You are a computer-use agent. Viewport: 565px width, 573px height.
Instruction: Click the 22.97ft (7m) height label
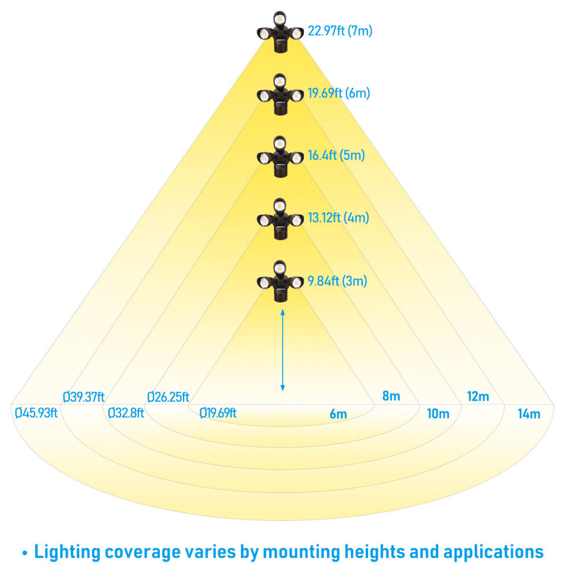click(x=340, y=31)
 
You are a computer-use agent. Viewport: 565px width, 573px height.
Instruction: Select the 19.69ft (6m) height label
click(x=339, y=93)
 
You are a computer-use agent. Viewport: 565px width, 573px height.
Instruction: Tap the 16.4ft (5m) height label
click(x=336, y=156)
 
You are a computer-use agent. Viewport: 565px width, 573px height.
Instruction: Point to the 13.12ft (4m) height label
click(x=338, y=218)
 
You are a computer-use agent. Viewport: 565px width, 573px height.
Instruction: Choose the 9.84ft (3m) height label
click(x=337, y=281)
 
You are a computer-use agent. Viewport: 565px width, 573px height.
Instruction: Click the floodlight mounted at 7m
click(x=281, y=32)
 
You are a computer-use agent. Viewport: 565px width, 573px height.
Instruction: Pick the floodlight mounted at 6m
click(x=281, y=94)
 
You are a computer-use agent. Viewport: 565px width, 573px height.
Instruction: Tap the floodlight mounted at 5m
click(x=281, y=156)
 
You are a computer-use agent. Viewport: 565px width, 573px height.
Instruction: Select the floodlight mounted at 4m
click(x=281, y=219)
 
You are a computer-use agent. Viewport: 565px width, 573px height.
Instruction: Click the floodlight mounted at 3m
click(x=281, y=281)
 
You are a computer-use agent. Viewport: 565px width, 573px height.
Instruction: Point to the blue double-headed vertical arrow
click(x=282, y=350)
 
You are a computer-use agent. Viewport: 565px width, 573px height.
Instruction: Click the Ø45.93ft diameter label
click(x=36, y=413)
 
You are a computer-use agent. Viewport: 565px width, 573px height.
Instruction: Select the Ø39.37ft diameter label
click(x=83, y=397)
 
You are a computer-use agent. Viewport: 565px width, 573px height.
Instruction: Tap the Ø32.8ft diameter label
click(x=126, y=413)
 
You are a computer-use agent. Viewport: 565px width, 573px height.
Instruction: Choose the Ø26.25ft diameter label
click(x=168, y=397)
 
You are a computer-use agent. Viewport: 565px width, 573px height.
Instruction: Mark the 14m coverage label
click(x=529, y=414)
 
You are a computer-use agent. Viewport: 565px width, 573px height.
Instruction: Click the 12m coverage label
click(x=478, y=397)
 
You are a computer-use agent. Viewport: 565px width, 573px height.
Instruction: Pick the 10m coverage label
click(x=438, y=414)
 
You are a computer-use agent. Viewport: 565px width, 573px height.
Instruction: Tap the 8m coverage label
click(x=391, y=397)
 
